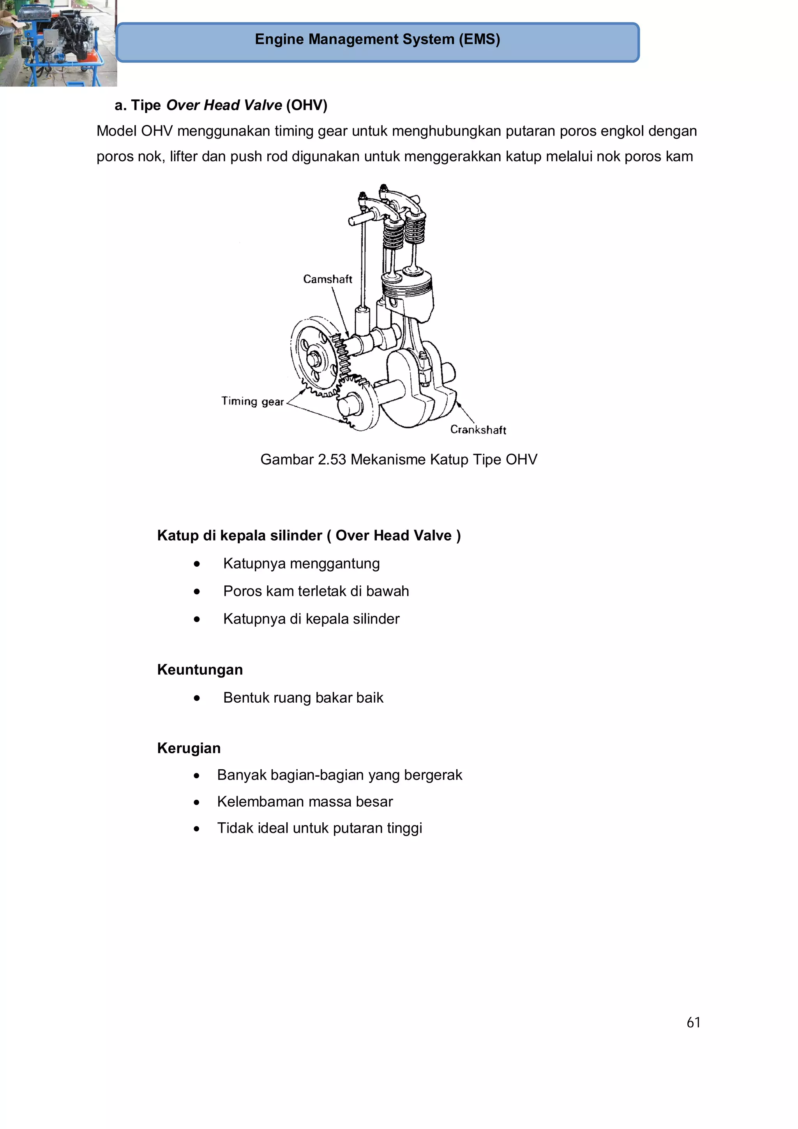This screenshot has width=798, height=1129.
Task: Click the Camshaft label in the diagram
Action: [x=327, y=279]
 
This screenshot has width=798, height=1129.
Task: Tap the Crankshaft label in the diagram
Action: [x=478, y=430]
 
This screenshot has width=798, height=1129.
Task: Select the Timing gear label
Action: [x=252, y=401]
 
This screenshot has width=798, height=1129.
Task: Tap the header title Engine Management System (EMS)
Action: [x=377, y=39]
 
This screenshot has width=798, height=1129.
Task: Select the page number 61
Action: [x=693, y=1023]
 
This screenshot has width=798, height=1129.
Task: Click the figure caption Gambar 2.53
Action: [x=398, y=459]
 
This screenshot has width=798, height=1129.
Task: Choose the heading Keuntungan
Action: [x=199, y=670]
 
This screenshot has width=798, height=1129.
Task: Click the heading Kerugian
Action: [x=189, y=748]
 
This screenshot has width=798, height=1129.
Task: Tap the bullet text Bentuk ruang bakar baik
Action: [x=303, y=698]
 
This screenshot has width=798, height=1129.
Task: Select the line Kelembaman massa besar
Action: [x=305, y=802]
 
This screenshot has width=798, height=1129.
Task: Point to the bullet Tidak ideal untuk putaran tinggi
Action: [x=320, y=828]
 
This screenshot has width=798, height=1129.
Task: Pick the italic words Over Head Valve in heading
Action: [x=224, y=105]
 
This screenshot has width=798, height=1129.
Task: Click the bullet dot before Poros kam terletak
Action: [x=197, y=592]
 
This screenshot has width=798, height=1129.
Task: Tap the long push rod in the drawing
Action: [x=363, y=265]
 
